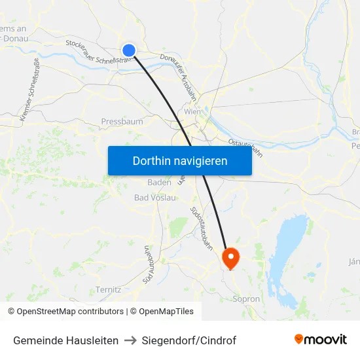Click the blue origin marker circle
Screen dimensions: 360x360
pos(129,50)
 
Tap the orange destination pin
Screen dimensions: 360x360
pos(231,257)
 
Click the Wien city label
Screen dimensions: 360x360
pos(192,112)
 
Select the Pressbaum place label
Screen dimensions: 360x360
pos(122,122)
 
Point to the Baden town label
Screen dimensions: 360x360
pos(159,183)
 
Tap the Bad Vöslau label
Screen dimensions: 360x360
pos(154,198)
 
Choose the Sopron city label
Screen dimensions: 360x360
pos(246,299)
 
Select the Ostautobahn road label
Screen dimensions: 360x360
pos(245,147)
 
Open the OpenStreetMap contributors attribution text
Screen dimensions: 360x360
pos(70,312)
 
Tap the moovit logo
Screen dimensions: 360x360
pos(320,339)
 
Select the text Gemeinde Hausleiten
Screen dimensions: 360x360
pos(65,340)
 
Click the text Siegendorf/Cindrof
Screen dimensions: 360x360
pos(189,340)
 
